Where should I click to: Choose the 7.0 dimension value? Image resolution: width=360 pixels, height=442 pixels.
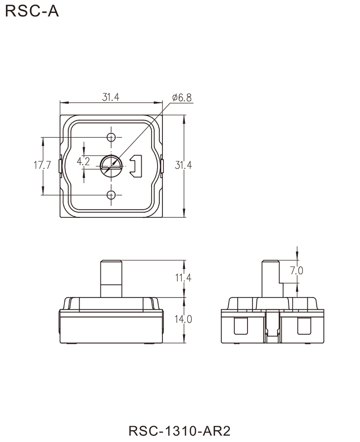click(297, 272)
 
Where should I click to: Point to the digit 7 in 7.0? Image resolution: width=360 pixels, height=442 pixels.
click(293, 272)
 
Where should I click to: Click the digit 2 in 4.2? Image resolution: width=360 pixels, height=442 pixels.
click(89, 162)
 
